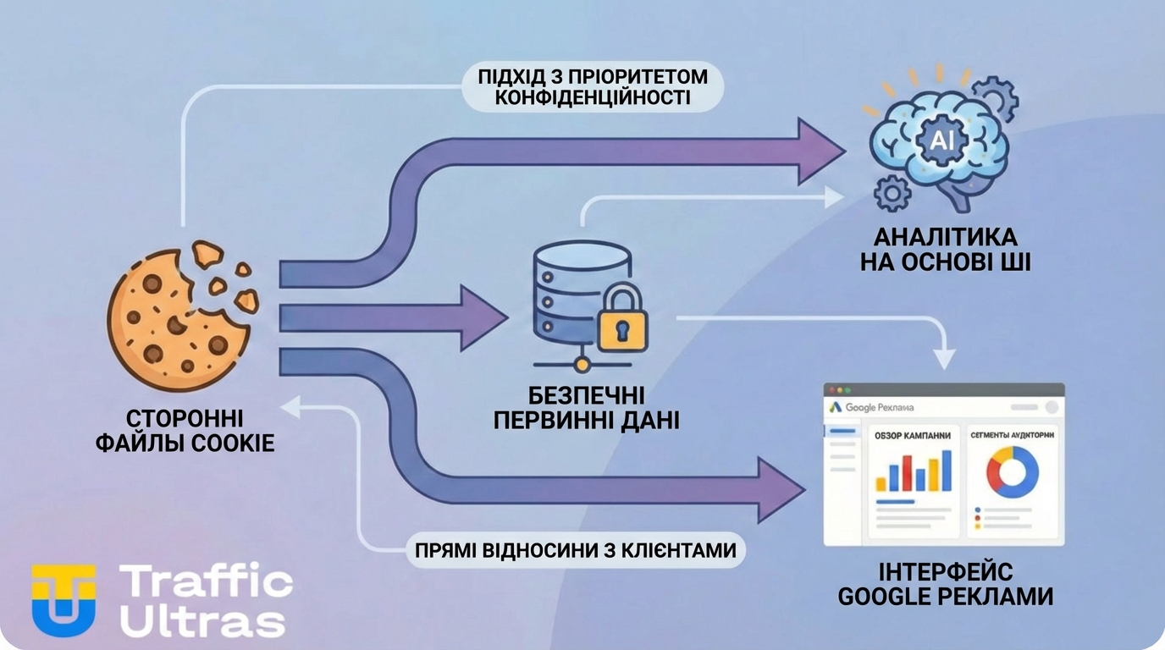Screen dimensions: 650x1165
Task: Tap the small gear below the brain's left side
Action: point(892,194)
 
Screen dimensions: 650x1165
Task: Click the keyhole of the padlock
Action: point(622,328)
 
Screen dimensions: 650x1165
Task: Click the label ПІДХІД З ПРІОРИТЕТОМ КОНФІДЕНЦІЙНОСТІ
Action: point(593,87)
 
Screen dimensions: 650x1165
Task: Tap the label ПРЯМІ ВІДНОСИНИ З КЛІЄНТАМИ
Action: point(575,550)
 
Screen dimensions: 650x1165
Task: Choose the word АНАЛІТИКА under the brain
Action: point(945,235)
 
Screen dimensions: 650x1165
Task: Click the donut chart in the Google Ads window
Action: point(1012,472)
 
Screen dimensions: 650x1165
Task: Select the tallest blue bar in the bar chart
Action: point(946,470)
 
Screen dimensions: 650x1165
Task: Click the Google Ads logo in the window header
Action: point(835,407)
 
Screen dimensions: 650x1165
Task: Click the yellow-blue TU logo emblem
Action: point(64,599)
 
